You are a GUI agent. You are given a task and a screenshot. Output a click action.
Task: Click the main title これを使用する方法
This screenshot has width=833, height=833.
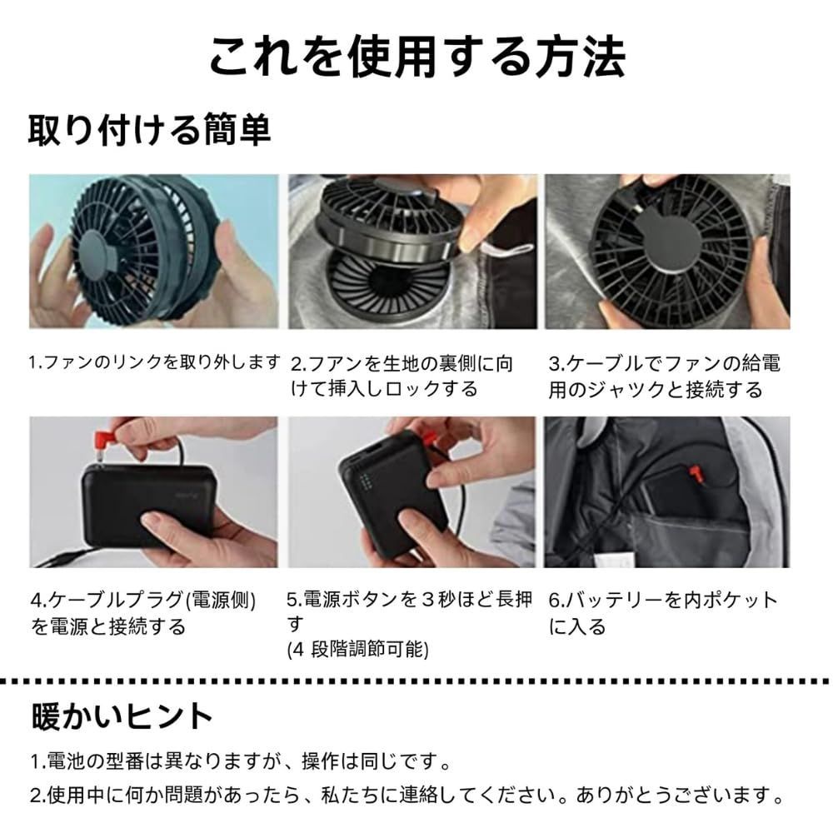416,56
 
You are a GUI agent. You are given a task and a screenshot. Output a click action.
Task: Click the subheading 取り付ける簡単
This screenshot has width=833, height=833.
150,130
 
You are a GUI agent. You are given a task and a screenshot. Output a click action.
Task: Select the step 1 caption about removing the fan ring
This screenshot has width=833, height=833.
155,362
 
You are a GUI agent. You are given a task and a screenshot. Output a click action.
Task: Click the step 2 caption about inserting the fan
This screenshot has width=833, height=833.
402,376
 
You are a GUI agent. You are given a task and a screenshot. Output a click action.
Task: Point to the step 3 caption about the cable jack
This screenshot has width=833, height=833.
664,376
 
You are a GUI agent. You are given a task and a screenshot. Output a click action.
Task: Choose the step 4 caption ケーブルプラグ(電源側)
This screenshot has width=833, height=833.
142,612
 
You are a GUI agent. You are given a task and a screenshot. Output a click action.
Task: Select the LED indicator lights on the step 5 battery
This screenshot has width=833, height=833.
364,485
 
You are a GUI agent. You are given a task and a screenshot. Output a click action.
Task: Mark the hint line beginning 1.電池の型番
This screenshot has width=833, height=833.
242,761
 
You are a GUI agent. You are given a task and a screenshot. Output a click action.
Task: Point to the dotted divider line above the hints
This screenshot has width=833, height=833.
416,681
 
